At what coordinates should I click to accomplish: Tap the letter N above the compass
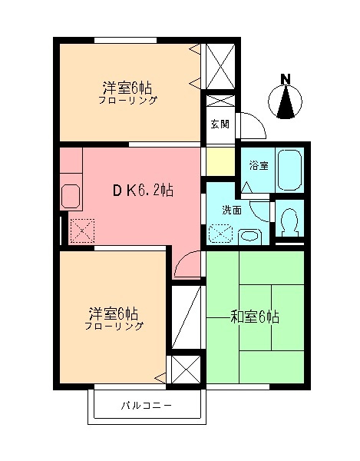[x=286, y=78]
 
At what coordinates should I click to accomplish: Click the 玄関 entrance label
[x=220, y=125]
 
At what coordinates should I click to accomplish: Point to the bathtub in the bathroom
[x=290, y=170]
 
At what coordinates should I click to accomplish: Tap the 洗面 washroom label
[x=232, y=209]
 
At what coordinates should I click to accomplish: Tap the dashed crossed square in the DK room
[x=81, y=230]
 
